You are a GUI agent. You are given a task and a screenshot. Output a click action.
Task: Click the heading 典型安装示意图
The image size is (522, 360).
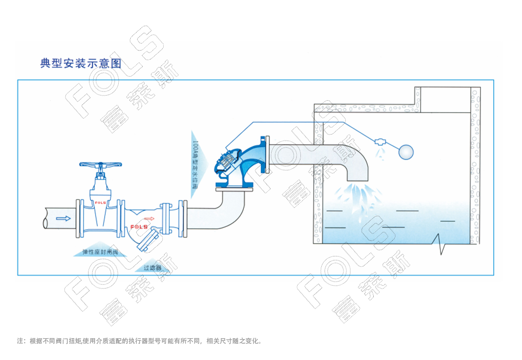[80, 64]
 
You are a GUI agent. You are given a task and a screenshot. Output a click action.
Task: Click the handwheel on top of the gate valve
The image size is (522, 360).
[100, 164]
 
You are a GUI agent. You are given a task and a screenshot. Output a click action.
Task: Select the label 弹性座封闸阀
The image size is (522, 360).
[100, 252]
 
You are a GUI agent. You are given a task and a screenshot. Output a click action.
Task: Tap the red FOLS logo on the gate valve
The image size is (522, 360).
[101, 203]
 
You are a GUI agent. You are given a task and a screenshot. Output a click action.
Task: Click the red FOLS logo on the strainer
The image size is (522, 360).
[139, 226]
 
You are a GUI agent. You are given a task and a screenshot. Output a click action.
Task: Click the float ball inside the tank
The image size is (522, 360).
[406, 151]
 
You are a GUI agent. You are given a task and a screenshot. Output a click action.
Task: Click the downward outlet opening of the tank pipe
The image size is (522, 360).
[357, 180]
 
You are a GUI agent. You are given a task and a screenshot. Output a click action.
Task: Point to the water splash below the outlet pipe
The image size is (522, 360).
[358, 197]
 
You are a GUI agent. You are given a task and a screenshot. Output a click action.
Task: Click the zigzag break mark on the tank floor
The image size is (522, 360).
[439, 244]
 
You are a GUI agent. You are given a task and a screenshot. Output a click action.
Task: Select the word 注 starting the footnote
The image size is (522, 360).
[20, 341]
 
